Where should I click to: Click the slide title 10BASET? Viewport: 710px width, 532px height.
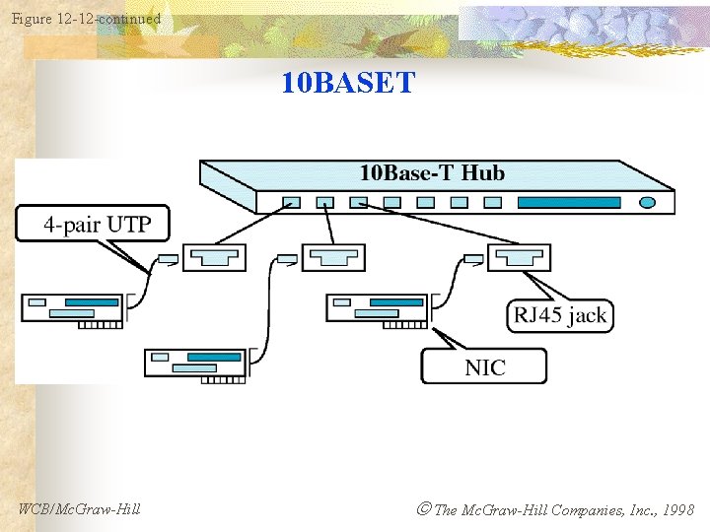click(348, 83)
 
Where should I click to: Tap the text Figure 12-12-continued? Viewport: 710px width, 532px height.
click(86, 19)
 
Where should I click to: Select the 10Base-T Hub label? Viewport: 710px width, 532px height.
click(432, 173)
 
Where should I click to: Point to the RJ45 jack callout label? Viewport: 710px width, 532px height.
click(559, 315)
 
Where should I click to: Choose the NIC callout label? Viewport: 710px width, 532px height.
click(484, 367)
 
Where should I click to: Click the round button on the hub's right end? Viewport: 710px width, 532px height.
click(647, 202)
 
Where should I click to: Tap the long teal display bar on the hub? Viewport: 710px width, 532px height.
click(569, 202)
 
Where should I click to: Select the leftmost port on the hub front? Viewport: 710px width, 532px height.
click(291, 202)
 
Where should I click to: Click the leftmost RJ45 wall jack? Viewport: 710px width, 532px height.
click(214, 258)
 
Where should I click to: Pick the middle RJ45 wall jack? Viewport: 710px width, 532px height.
click(333, 258)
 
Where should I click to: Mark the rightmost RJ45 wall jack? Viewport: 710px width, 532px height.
click(520, 258)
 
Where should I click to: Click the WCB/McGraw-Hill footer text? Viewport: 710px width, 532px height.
click(79, 509)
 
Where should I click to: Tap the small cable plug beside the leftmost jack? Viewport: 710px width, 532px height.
click(168, 260)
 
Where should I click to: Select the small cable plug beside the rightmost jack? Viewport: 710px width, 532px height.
click(473, 260)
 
